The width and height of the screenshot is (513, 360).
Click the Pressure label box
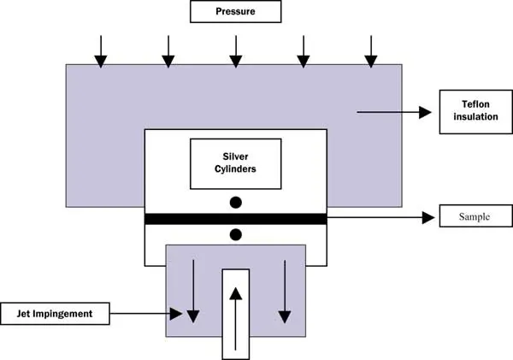pos(235,12)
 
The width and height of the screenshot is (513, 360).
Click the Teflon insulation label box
pos(468,111)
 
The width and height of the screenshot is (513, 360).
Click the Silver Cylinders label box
pos(234,163)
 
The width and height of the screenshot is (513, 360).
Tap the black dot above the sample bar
pos(236,203)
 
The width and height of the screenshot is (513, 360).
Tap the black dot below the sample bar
pos(236,234)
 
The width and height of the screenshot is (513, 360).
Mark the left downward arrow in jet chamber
pos(193,292)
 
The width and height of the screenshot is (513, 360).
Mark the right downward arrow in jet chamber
pos(282,292)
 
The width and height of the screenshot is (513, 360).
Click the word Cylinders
pos(234,169)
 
